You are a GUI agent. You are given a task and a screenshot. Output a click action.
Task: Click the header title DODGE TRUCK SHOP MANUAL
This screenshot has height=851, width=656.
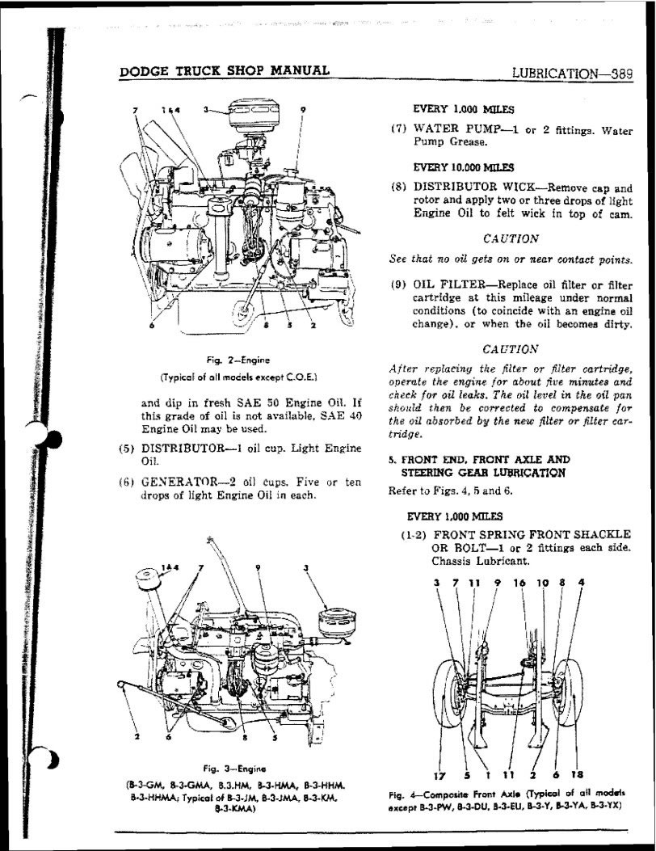(x=224, y=70)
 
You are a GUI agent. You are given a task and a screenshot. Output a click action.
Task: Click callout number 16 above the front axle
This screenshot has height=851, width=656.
(x=519, y=581)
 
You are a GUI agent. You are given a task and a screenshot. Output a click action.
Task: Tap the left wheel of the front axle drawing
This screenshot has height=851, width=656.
(x=444, y=693)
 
